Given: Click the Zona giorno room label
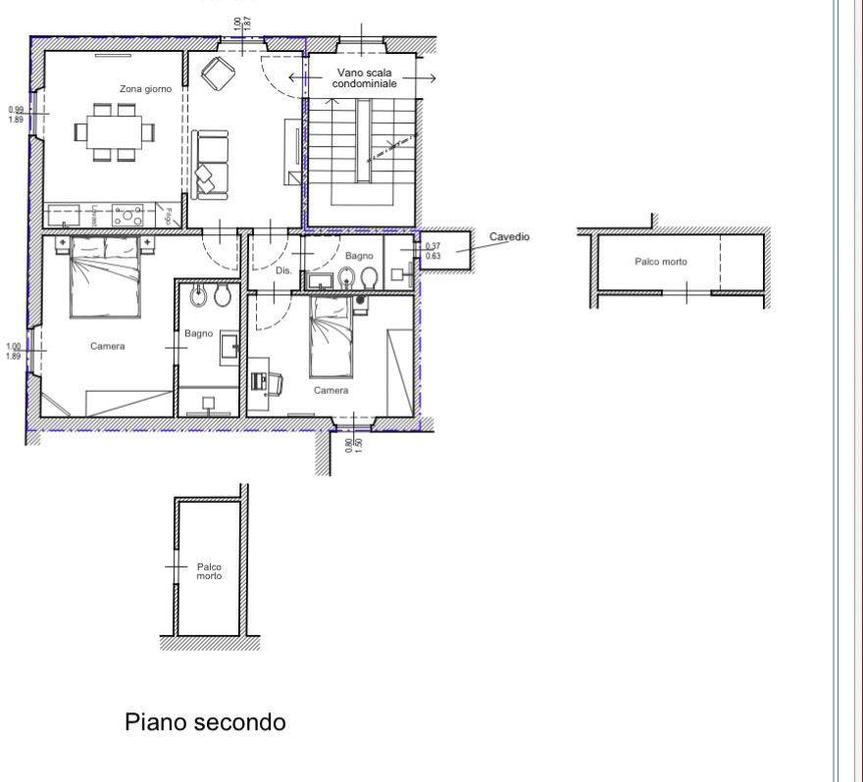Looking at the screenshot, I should [145, 89].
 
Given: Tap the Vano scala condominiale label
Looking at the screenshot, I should [365, 78].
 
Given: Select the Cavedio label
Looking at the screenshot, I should [509, 237].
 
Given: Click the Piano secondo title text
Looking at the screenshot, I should [205, 722].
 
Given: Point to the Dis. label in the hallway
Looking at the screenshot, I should [283, 269].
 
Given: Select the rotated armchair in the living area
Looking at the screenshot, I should [216, 72].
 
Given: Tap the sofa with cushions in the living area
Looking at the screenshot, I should [209, 163].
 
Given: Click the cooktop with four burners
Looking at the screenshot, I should [128, 214].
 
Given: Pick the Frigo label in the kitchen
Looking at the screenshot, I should [169, 216].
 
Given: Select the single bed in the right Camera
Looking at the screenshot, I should [330, 336].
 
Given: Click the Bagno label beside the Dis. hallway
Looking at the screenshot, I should [359, 256].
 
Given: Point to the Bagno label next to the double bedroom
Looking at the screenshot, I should [199, 334].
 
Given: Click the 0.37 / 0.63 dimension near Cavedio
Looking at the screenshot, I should [432, 251].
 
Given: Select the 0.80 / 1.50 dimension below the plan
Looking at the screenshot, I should [353, 443].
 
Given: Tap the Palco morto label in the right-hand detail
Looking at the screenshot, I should [661, 262].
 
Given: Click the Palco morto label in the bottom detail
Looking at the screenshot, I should [209, 571].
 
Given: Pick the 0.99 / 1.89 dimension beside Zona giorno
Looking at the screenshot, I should [16, 115].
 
